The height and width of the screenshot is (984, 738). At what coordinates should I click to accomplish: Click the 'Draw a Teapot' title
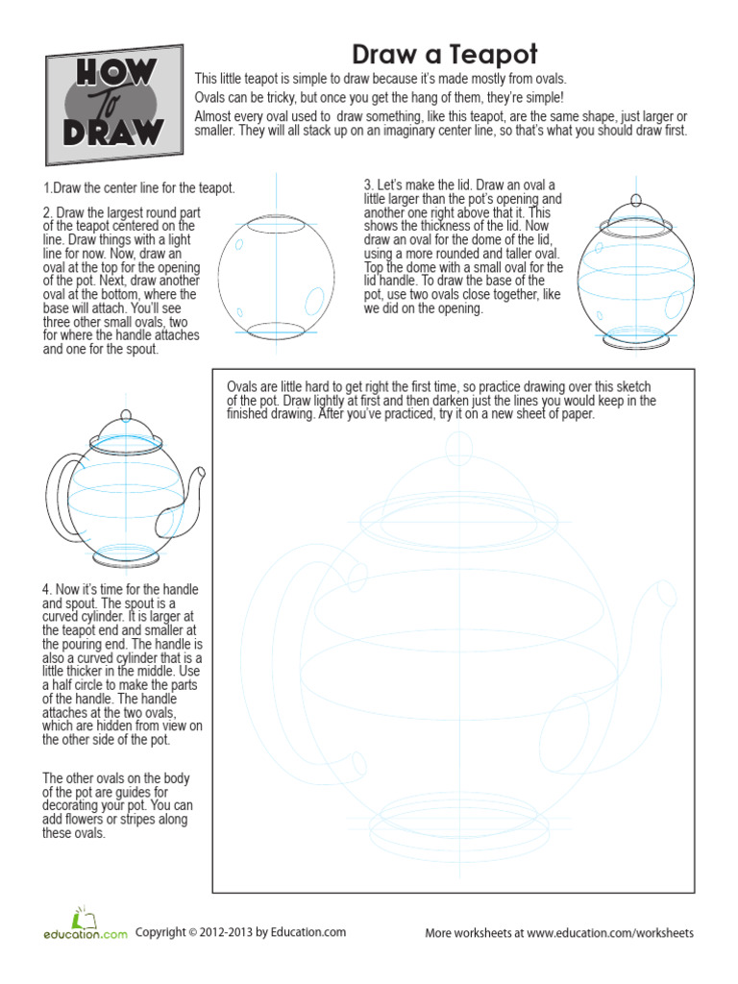pos(444,53)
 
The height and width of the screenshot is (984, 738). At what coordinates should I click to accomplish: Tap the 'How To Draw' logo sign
pos(113,104)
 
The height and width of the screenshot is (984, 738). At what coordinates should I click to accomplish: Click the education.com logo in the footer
pos(85,924)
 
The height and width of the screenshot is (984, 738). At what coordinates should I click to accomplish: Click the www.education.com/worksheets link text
pos(609,933)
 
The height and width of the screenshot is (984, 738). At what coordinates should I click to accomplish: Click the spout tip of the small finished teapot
pos(199,472)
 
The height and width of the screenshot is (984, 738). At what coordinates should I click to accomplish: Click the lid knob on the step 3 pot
pos(634,200)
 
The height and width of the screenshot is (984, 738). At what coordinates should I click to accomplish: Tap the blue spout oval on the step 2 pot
pos(312,301)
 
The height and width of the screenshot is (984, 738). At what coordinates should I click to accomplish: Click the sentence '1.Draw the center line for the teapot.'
pos(139,188)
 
